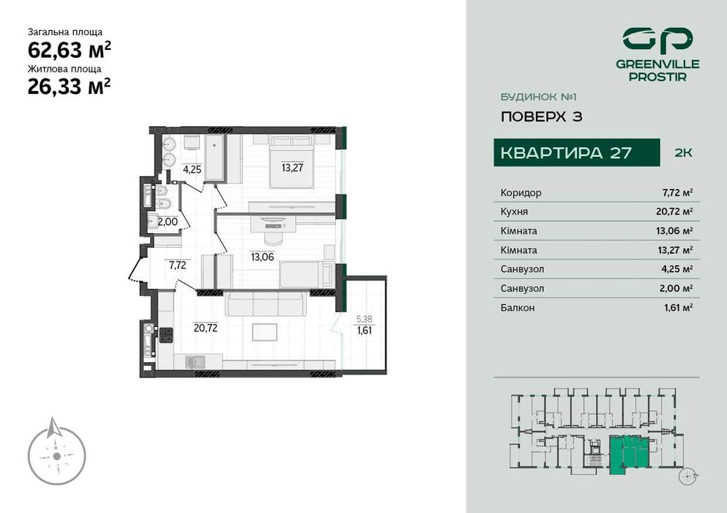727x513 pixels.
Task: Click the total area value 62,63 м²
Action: (x=70, y=50)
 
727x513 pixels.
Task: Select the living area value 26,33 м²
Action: (x=70, y=87)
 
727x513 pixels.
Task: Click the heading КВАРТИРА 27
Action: (x=564, y=153)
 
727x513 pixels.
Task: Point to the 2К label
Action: (x=682, y=153)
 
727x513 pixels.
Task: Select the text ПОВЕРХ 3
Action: (x=541, y=117)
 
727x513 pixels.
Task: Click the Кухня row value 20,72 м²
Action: (x=677, y=212)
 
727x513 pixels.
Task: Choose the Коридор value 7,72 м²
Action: (x=677, y=193)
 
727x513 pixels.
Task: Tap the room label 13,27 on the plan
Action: (x=291, y=166)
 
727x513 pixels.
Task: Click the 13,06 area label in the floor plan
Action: (x=262, y=256)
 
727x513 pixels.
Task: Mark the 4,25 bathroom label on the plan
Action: (x=192, y=169)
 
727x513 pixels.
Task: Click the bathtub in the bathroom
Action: (x=215, y=157)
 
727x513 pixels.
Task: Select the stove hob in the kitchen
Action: (x=166, y=336)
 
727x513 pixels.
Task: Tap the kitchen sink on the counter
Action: (x=195, y=361)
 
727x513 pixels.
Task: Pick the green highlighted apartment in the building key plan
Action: (x=625, y=451)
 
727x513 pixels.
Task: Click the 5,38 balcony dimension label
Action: (x=363, y=319)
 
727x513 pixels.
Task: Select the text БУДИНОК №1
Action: (x=533, y=97)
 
